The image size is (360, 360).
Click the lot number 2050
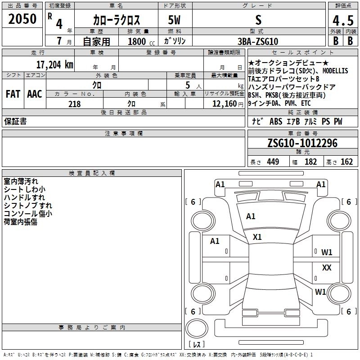[22, 19]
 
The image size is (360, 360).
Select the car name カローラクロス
[117, 20]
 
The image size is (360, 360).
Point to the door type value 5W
[175, 20]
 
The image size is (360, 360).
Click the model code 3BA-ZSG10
[257, 41]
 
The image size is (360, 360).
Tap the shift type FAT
[13, 94]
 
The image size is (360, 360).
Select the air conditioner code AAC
[34, 94]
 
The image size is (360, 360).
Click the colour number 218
[74, 104]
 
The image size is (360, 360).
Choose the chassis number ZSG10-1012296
[302, 143]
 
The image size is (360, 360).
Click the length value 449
[273, 162]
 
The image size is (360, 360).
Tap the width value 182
[310, 162]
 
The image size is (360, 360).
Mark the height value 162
[346, 162]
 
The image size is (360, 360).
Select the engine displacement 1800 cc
[137, 41]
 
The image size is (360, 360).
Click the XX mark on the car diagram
[327, 268]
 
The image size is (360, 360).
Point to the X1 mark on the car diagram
[257, 237]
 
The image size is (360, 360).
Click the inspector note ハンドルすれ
[24, 198]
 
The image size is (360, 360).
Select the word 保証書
[15, 121]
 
